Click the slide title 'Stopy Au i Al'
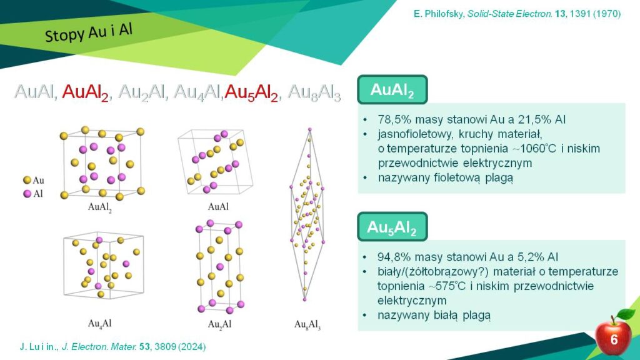coord(89,32)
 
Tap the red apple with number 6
coord(612,336)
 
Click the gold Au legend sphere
coord(27,180)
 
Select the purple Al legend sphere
coord(27,194)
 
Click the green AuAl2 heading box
coord(392,89)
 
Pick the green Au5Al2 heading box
coord(392,226)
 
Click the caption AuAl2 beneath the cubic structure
coord(99,207)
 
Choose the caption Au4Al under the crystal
coord(99,324)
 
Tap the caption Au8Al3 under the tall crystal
coord(307,325)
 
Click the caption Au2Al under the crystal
coord(219,324)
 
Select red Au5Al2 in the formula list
coord(251,92)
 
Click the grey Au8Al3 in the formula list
coord(314,92)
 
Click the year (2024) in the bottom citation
coord(192,346)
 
